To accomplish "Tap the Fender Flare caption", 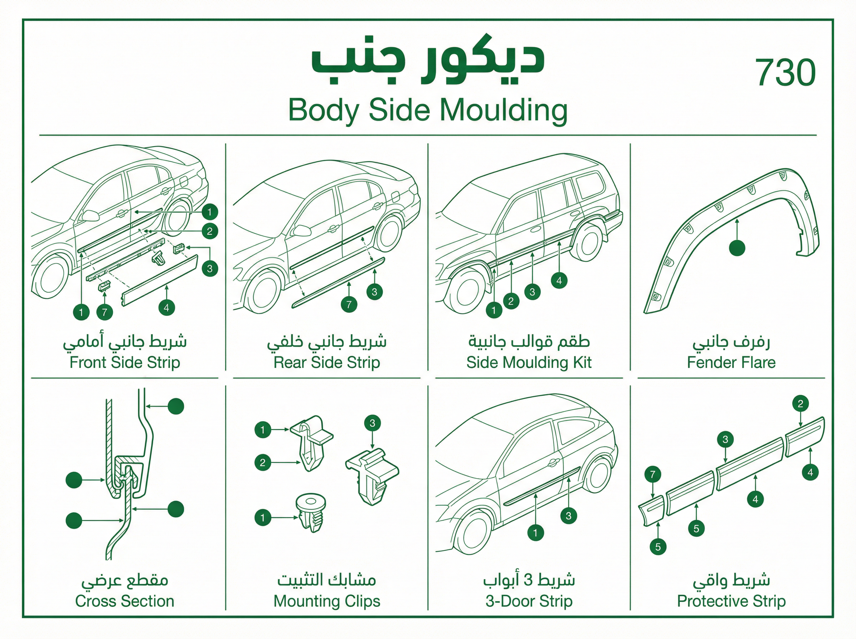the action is pos(731,362).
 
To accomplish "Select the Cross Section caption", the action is pos(124,601).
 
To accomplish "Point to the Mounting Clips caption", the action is pos(327,601).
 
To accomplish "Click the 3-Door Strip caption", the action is pos(529,601).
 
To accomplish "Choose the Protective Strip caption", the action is pos(731,601).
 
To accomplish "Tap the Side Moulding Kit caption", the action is pos(529,362).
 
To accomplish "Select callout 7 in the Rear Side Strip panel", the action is pos(349,304).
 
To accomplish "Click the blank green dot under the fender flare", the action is pos(737,248).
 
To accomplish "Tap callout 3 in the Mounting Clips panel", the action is pos(372,423).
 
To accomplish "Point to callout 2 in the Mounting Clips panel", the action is pos(263,462).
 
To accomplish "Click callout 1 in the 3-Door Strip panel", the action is pos(535,533).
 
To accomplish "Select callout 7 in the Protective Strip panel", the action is pos(653,474).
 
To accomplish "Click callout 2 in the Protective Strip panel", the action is pos(800,404).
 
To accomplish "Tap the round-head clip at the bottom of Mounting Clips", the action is pos(311,512).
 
